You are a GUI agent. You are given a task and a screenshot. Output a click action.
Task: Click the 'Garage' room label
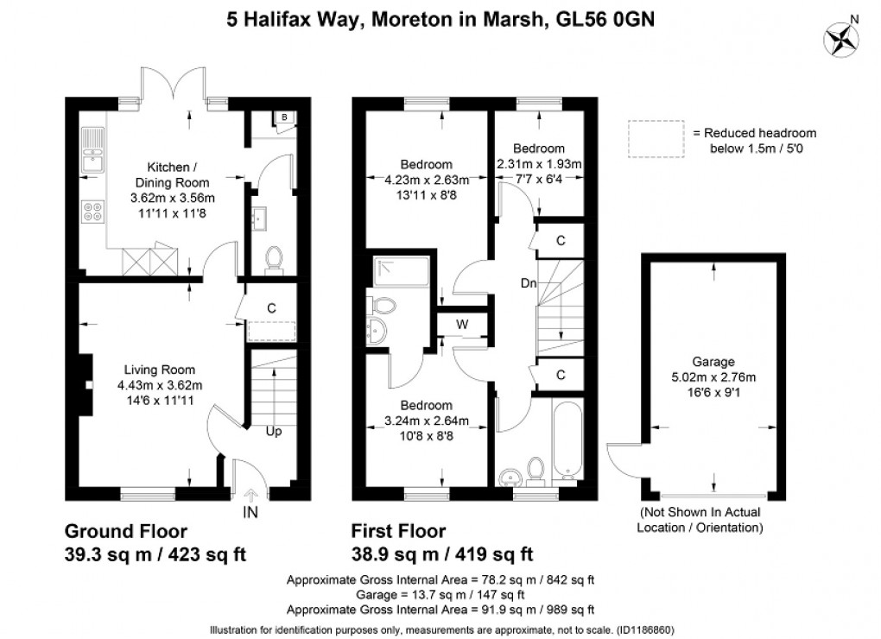click(713, 362)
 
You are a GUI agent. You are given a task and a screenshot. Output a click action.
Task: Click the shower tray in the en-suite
click(392, 274)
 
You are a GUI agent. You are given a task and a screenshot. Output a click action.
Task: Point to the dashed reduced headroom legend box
click(656, 139)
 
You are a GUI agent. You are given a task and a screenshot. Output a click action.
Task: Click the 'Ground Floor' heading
click(125, 530)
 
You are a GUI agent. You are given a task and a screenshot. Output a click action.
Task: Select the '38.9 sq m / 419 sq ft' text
click(441, 554)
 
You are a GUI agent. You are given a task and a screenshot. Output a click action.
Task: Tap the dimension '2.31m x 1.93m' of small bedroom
click(538, 164)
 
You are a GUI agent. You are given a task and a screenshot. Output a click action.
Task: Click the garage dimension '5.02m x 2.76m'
click(713, 377)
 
